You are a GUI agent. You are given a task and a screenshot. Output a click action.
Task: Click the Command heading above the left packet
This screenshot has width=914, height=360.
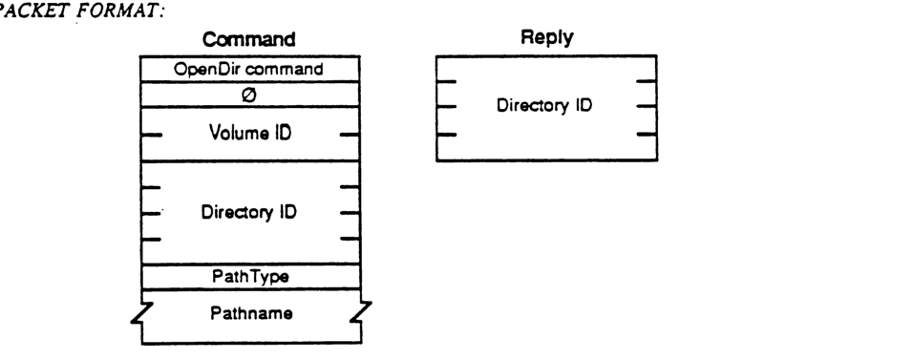pos(250,42)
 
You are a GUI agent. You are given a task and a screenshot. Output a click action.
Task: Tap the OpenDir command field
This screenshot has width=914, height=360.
pos(250,68)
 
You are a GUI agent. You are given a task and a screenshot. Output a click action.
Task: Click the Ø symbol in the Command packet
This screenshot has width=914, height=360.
pos(250,93)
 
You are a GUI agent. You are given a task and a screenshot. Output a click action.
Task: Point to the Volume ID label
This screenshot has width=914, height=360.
pos(250,134)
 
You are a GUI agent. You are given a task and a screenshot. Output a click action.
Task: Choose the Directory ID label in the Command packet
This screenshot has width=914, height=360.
pos(250,212)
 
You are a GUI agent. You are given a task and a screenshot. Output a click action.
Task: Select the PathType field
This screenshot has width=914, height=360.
pos(250,276)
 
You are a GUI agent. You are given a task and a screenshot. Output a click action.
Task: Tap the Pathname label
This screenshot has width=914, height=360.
pos(250,311)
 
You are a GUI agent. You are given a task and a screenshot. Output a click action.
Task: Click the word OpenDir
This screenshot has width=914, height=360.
pos(220,68)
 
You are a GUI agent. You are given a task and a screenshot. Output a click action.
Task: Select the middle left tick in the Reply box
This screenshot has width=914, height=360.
pos(446,105)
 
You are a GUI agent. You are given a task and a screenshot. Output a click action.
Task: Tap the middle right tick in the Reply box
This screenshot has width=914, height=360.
pos(646,105)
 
